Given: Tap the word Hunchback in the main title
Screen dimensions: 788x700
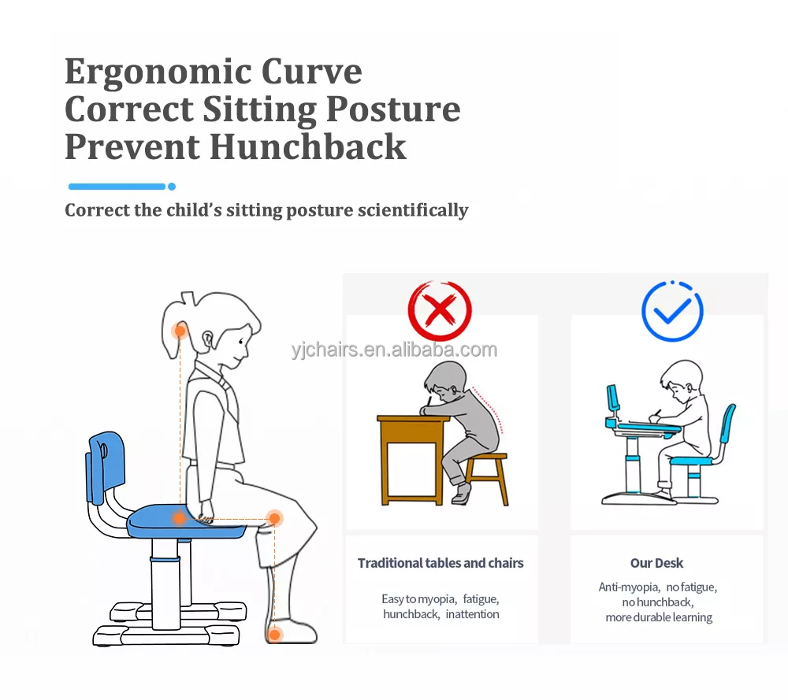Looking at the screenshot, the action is coord(307,146).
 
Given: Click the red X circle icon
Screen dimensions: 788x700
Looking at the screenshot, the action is coord(440,310).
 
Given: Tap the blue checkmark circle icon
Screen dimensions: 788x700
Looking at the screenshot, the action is coord(672,311).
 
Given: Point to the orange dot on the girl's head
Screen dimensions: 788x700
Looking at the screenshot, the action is coord(180,331).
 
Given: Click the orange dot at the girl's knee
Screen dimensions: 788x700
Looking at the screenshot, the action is coord(274,518).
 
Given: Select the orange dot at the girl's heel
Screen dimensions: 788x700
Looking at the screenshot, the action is coord(274,635).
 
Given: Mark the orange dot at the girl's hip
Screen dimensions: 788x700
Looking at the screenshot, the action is coord(180,518).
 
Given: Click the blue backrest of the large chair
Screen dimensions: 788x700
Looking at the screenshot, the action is coord(106,466).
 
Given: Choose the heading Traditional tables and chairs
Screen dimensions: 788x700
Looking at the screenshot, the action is coord(440,563).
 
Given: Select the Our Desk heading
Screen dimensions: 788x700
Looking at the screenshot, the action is coord(657,563).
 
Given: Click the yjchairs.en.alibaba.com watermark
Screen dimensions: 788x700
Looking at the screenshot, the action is coord(395,350).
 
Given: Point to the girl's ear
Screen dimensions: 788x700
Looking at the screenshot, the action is coord(207,339).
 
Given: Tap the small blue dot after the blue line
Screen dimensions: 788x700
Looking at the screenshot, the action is coord(172,187).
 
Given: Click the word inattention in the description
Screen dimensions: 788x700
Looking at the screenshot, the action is coord(472,614).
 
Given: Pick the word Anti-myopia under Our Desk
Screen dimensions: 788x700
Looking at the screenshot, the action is coord(629,587).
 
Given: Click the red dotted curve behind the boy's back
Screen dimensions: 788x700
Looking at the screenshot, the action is coord(489,408).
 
